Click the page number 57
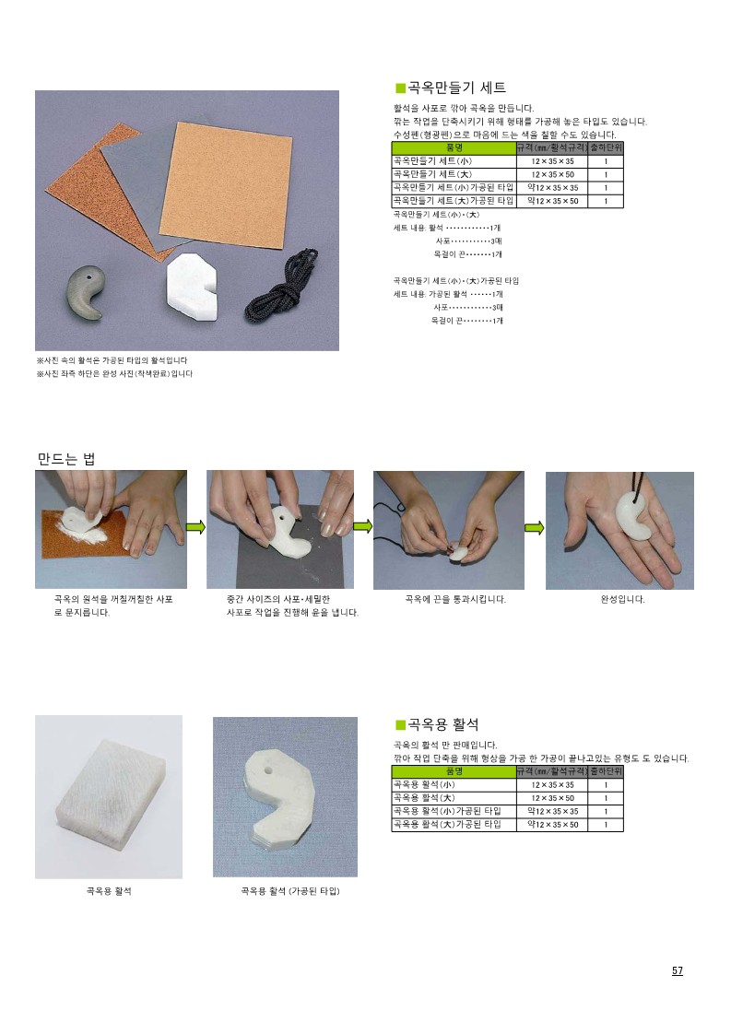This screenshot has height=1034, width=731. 677,970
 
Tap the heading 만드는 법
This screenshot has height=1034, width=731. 66,459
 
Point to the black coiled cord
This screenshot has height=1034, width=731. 282,284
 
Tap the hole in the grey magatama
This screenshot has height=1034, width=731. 89,277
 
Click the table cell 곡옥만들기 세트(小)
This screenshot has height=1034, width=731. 432,161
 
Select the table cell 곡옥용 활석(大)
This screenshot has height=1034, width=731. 423,798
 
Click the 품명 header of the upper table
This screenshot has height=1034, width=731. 454,147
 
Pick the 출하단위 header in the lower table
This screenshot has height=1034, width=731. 606,771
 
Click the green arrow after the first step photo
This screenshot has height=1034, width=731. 196,527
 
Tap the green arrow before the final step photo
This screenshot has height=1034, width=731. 535,527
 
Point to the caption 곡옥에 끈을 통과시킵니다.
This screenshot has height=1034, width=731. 455,599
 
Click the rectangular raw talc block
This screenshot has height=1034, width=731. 109,795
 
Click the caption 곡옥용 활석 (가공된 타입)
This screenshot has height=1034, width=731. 290,891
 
